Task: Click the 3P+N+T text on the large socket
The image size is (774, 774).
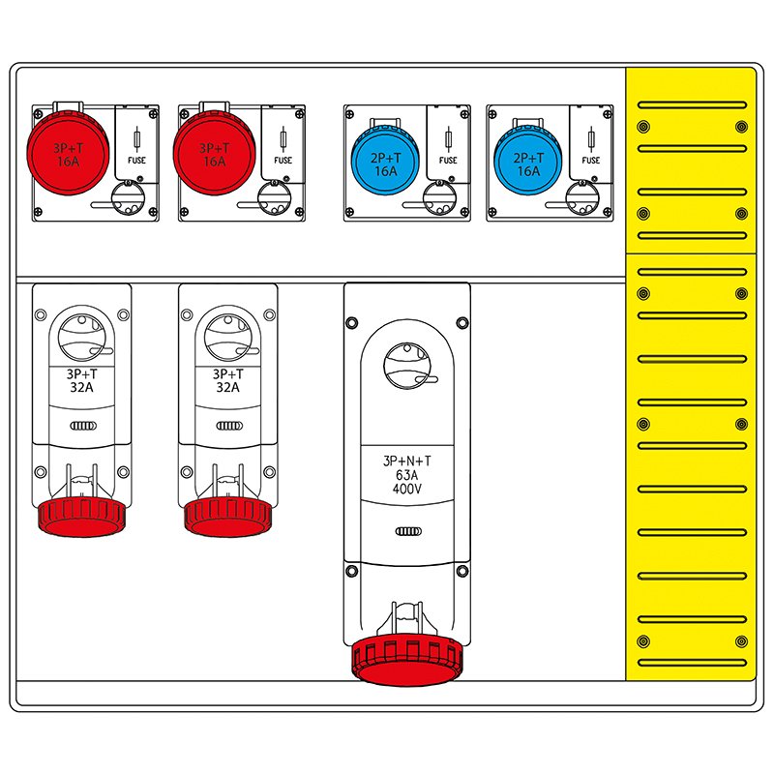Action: (406, 461)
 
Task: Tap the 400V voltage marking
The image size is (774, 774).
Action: (406, 490)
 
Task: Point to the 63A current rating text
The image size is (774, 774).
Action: (406, 476)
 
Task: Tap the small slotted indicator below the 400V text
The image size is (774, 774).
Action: (406, 531)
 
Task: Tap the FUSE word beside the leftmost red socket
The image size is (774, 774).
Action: (136, 161)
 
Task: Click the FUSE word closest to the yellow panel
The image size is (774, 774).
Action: (591, 161)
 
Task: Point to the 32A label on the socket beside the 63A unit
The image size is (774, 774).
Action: (228, 387)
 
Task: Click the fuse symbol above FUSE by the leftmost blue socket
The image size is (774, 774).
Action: (447, 138)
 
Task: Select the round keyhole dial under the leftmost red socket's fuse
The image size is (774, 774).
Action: (127, 200)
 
